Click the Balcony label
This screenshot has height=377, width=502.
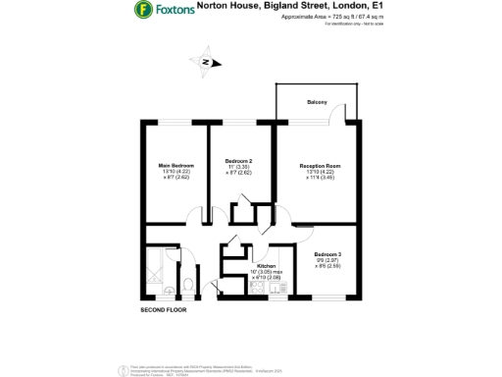click(317, 102)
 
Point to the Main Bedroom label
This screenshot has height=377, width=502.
click(176, 165)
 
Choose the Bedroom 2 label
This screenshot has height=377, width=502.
click(239, 160)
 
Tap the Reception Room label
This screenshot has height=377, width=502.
click(320, 166)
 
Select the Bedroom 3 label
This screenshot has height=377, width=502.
click(327, 254)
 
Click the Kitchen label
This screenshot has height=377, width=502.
click(267, 266)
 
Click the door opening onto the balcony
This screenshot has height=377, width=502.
click(338, 117)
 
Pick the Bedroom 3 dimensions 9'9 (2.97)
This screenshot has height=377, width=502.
click(327, 260)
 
